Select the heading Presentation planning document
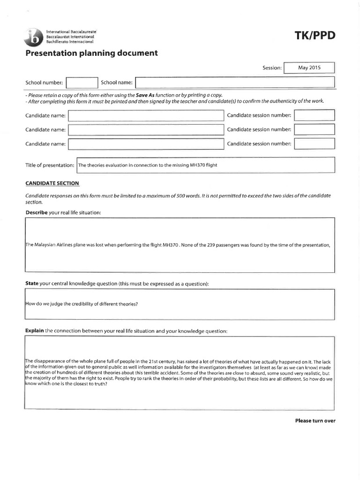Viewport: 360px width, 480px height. [91, 53]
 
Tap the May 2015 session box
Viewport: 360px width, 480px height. [309, 68]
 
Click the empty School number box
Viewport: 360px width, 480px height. [82, 83]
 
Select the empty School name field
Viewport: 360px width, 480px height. [235, 83]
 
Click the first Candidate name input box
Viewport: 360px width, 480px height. [146, 115]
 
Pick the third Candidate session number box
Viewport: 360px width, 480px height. [314, 143]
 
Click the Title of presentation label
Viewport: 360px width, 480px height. [50, 165]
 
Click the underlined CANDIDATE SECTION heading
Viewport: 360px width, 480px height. [52, 183]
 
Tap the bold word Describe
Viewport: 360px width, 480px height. [36, 213]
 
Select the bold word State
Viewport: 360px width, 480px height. [32, 284]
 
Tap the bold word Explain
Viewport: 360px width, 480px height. [34, 331]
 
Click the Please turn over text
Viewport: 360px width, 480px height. [315, 420]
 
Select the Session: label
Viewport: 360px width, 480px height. [272, 68]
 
